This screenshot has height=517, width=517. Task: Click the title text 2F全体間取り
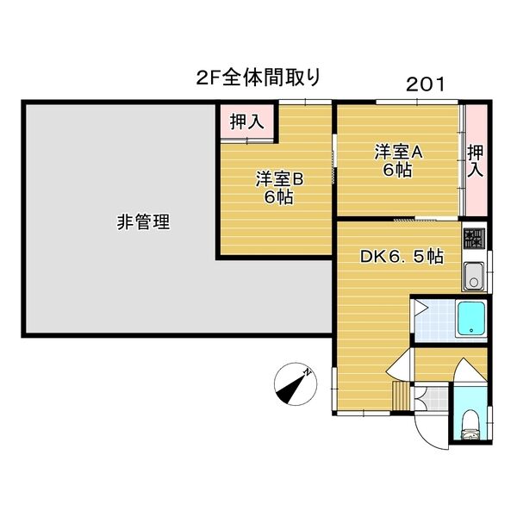(x=258, y=78)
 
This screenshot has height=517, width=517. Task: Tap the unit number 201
(x=426, y=84)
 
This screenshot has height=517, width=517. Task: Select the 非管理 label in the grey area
(x=143, y=221)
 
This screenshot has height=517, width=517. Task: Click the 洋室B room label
(x=279, y=179)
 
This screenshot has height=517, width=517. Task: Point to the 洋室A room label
(x=398, y=152)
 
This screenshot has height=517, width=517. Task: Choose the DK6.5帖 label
(x=402, y=256)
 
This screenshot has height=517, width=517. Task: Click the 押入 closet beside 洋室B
(x=247, y=121)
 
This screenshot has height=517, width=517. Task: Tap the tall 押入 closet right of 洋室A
(x=475, y=160)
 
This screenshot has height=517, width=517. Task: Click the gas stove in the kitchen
(x=474, y=239)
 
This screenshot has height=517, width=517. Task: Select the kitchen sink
(x=474, y=276)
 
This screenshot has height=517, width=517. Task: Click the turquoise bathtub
(x=471, y=319)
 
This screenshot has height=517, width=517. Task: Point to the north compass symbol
(x=296, y=383)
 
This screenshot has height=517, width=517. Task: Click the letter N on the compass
(x=308, y=372)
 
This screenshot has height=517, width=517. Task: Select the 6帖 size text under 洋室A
(x=397, y=170)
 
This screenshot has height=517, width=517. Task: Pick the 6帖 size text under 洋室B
(x=278, y=197)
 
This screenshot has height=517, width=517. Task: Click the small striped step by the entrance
(x=401, y=396)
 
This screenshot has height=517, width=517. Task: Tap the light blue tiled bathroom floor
(x=435, y=320)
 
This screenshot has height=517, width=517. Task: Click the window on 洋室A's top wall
(x=417, y=102)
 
